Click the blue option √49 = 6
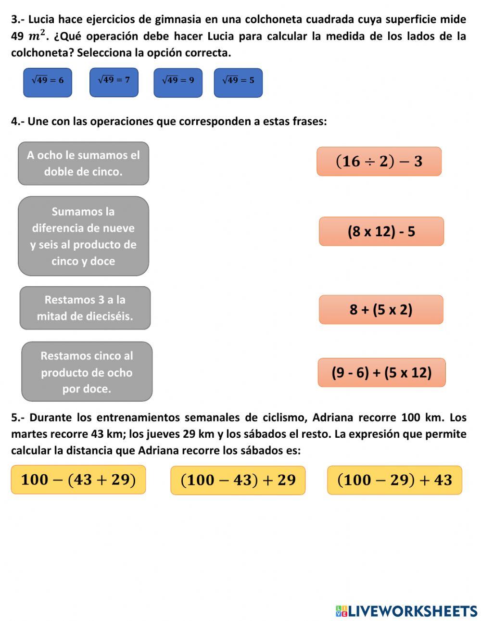(x=48, y=82)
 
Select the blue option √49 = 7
(x=114, y=82)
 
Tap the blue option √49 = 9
(x=178, y=83)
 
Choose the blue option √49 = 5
(x=238, y=83)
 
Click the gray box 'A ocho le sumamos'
(x=83, y=164)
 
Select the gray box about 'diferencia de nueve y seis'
(x=83, y=236)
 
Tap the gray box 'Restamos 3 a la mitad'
(x=85, y=308)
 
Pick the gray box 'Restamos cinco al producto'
(x=87, y=372)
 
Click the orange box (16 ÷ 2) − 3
(x=379, y=161)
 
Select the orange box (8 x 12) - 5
(x=381, y=231)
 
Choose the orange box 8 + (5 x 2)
(x=381, y=309)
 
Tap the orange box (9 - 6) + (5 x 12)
(x=381, y=372)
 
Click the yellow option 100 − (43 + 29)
(x=78, y=480)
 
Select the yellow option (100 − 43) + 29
(x=238, y=480)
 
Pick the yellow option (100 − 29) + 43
(x=394, y=480)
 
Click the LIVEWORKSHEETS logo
(x=406, y=611)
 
